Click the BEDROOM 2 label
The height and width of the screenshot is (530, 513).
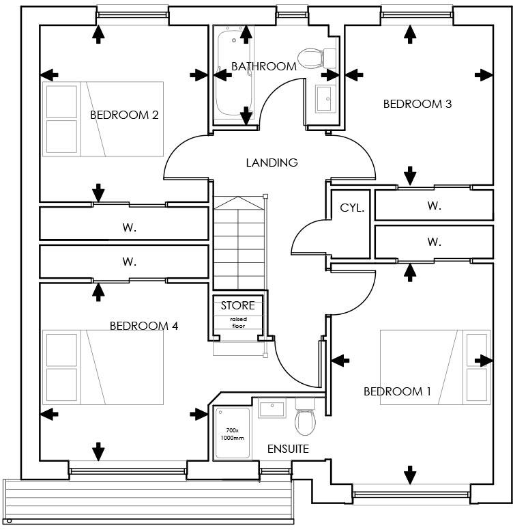coord(124,115)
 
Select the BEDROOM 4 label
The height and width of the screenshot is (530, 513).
coord(144,326)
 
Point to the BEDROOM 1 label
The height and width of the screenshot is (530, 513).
coord(397,391)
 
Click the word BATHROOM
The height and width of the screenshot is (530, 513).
coord(263,66)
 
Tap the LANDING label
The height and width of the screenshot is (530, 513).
coord(272,163)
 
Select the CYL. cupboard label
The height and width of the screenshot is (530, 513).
coord(352,208)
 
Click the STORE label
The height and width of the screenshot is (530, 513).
coord(237,305)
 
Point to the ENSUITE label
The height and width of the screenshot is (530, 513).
coord(287,449)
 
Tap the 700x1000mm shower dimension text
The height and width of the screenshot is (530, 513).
coord(232,434)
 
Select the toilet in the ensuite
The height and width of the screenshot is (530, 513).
coord(304,419)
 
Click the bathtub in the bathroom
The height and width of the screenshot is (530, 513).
coord(225,75)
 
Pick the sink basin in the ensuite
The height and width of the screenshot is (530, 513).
coord(272,409)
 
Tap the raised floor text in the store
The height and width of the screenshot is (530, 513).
coord(237,322)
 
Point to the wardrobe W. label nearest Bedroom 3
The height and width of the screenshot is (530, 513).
coord(434,205)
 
